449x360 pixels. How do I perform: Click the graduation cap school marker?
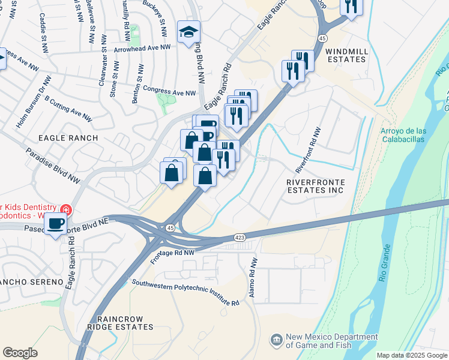[188, 32]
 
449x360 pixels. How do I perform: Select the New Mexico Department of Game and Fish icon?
[276, 341]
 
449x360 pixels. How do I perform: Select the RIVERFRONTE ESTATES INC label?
[315, 185]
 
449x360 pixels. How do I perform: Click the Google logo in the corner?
[20, 353]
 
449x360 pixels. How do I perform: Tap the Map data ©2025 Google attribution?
[411, 355]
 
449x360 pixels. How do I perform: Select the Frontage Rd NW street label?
[173, 256]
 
